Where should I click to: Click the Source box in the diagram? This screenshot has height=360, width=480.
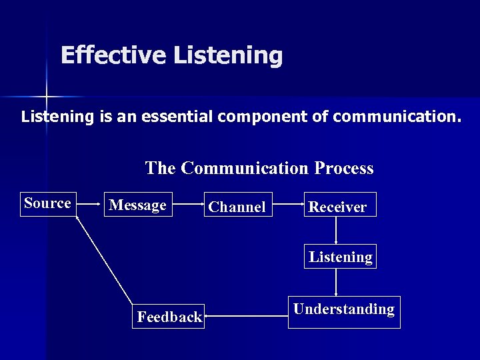tap(48, 203)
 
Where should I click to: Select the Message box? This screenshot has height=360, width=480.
tap(138, 205)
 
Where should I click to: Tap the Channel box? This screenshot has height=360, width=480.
tap(237, 207)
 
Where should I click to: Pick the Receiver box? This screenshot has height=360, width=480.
tap(337, 207)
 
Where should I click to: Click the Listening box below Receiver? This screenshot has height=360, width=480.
tap(340, 257)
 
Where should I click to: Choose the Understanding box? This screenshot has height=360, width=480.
tap(344, 311)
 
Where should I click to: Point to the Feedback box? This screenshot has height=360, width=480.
tap(169, 317)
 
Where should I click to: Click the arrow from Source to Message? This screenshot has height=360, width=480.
tap(91, 205)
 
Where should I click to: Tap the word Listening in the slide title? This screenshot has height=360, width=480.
tap(228, 55)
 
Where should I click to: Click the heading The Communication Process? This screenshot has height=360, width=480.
tap(259, 168)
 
